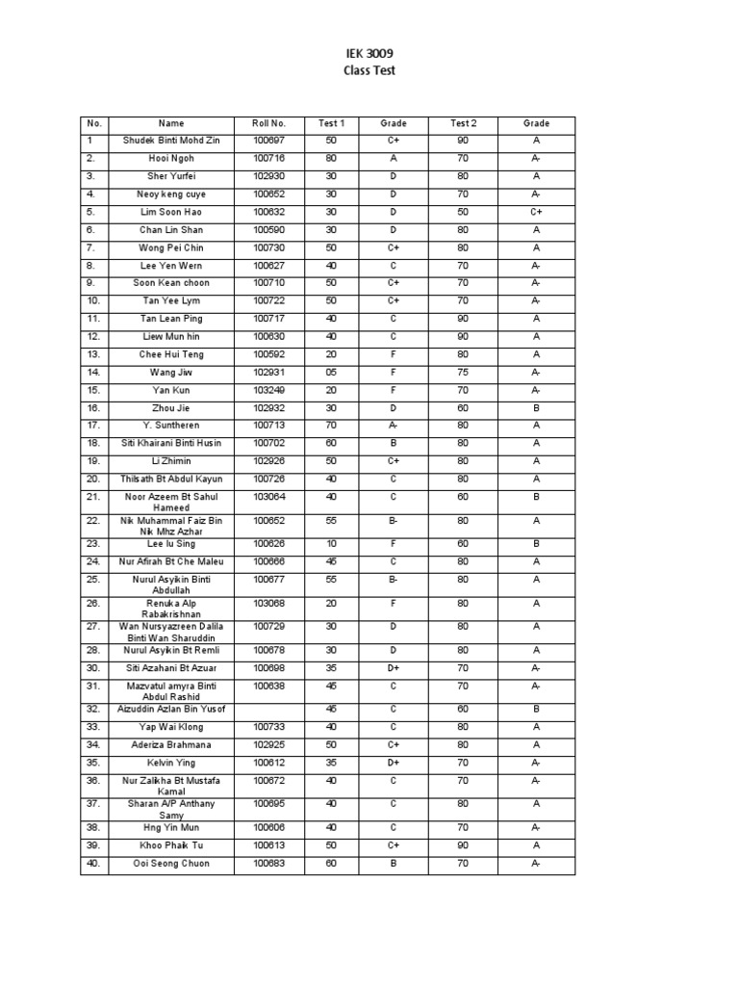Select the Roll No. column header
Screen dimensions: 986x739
[x=269, y=123]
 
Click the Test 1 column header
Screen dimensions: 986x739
[x=331, y=123]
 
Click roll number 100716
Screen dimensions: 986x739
[x=269, y=159]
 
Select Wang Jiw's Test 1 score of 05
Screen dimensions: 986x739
[x=331, y=372]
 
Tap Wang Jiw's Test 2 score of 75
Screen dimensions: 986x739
[x=463, y=372]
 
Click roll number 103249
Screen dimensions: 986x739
[x=269, y=390]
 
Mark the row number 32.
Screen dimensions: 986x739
[x=93, y=709]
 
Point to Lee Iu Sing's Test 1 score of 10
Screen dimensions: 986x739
[x=331, y=544]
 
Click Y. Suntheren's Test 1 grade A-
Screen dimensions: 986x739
[x=394, y=426]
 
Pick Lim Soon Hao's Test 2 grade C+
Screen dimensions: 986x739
[x=536, y=212]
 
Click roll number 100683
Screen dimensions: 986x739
[x=269, y=864]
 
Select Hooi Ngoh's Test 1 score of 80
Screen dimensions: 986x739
[x=331, y=159]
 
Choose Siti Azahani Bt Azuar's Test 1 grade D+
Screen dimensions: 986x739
[x=394, y=667]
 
